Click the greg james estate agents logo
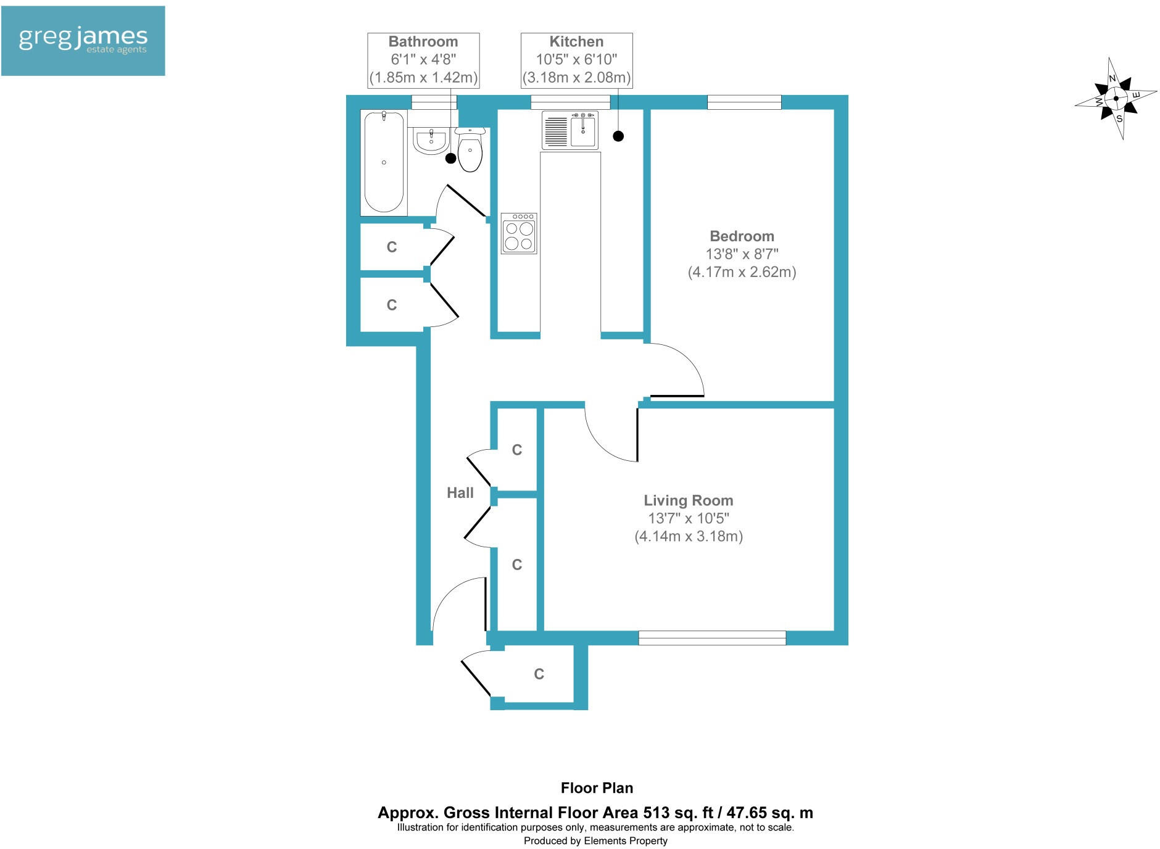tap(83, 41)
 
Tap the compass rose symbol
tap(1116, 99)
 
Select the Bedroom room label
tap(742, 236)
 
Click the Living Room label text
tap(688, 500)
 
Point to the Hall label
tap(460, 492)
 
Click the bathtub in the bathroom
tap(384, 162)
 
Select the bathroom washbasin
tap(430, 141)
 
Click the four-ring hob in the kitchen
tap(519, 233)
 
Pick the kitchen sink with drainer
tap(570, 130)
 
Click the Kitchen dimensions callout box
tap(576, 60)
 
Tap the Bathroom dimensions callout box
tap(423, 60)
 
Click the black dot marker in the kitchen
tap(618, 136)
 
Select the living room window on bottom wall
tap(712, 638)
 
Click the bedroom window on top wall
tap(744, 102)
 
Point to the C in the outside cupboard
tap(539, 674)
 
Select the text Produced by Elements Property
tap(595, 840)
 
